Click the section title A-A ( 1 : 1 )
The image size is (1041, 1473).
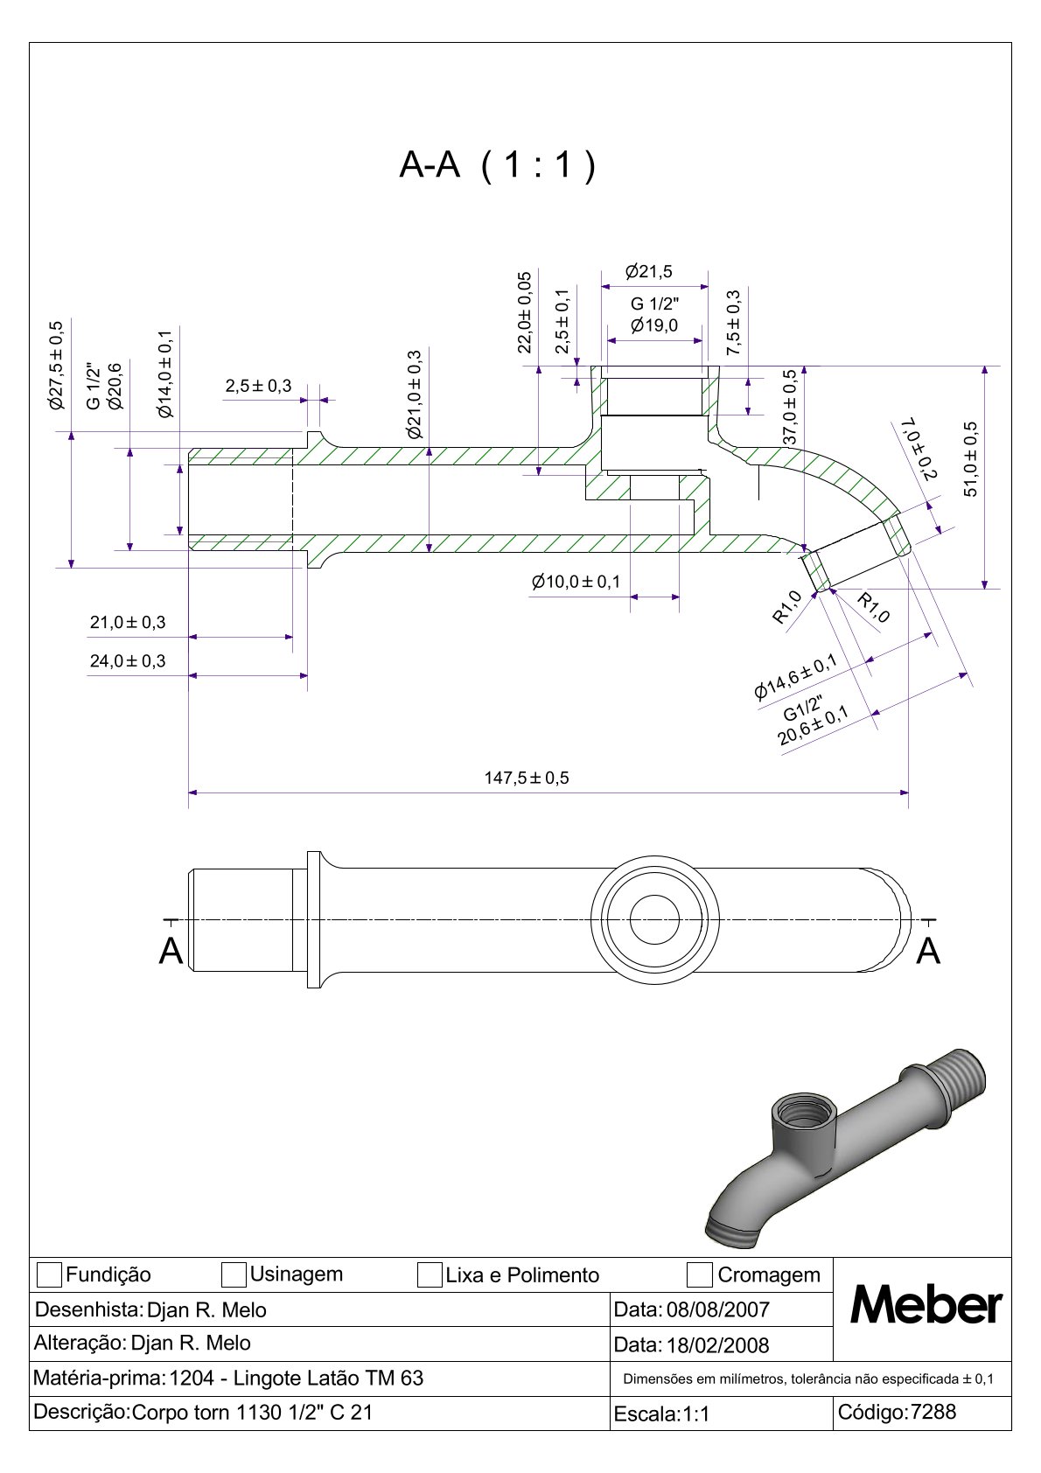tap(497, 164)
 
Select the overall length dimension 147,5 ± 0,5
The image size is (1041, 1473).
tap(527, 778)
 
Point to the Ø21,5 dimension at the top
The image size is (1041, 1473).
tap(649, 272)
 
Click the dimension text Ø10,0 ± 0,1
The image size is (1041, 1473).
tap(576, 582)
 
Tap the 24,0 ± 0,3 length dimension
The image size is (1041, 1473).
tap(128, 661)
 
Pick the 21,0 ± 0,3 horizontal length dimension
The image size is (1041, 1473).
tap(128, 623)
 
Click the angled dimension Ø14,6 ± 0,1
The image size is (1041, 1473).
tap(795, 678)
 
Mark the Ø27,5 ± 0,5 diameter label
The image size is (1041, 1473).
tap(57, 366)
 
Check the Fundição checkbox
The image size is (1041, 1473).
tap(50, 1275)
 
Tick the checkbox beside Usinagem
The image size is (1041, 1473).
tap(234, 1275)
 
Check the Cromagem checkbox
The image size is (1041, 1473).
tap(699, 1275)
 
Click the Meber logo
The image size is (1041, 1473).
tap(926, 1306)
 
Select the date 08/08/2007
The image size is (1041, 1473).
tap(717, 1309)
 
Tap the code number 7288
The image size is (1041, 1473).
tap(933, 1412)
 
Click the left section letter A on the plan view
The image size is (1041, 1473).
tap(171, 951)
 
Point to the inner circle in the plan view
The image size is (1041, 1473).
tap(654, 919)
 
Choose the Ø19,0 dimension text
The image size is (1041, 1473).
tap(654, 326)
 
